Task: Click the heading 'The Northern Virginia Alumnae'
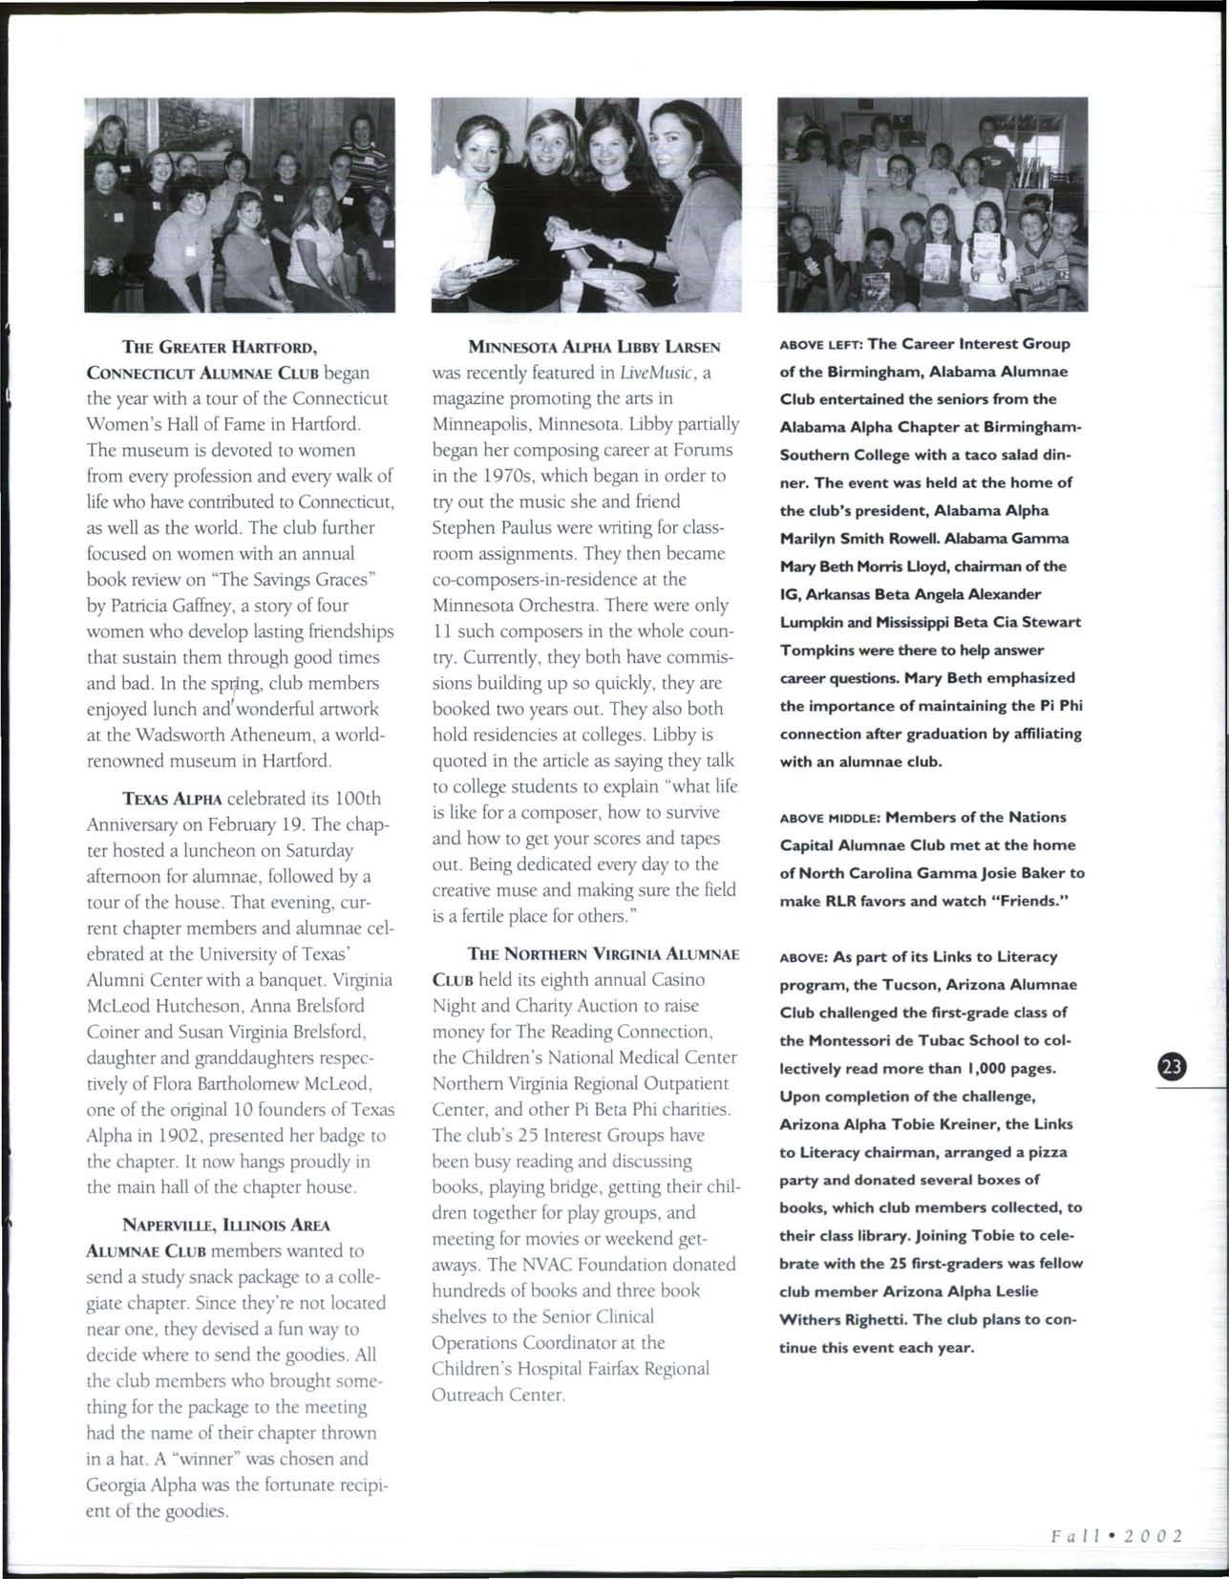tap(603, 953)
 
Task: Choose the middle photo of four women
tap(585, 204)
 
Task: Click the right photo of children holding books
tap(932, 204)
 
